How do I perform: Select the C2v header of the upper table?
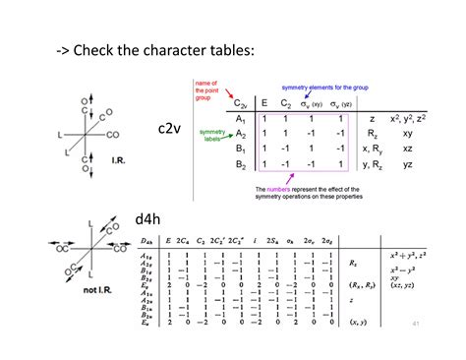[239, 103]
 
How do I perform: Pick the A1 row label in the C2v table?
[240, 119]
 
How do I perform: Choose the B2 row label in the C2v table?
[240, 166]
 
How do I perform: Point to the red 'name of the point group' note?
[206, 90]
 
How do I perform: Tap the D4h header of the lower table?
[146, 239]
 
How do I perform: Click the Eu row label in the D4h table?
[146, 323]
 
